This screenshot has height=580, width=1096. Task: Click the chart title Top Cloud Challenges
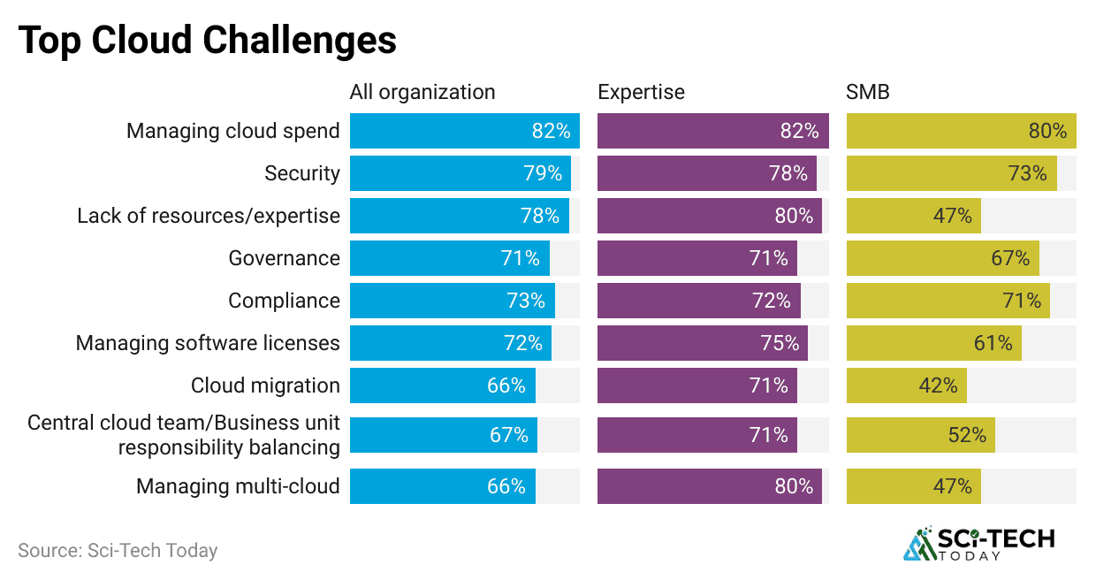tap(207, 42)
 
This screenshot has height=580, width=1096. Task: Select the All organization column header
tap(422, 92)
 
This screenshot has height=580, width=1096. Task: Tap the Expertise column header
tap(641, 92)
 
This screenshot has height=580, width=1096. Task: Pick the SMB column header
tap(868, 92)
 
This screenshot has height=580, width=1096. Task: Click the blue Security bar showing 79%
tap(460, 173)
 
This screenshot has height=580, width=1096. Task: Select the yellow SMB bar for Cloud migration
tap(906, 385)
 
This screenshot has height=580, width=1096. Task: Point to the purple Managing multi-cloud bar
tap(709, 486)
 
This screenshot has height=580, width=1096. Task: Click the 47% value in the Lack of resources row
tap(952, 216)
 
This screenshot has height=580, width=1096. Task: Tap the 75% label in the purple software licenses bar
tap(780, 343)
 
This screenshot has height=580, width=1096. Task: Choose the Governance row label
tap(284, 258)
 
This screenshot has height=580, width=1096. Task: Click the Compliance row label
tap(284, 301)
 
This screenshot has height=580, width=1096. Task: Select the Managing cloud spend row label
tap(232, 131)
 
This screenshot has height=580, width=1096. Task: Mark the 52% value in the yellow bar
tap(966, 435)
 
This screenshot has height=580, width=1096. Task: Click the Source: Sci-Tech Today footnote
tap(118, 550)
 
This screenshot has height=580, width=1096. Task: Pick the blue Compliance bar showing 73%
tap(452, 301)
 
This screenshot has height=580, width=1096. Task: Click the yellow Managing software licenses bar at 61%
tap(933, 343)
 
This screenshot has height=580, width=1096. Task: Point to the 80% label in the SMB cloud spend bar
tap(1047, 131)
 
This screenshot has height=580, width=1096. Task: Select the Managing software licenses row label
tap(208, 343)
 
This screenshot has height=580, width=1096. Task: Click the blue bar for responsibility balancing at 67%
tap(443, 435)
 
